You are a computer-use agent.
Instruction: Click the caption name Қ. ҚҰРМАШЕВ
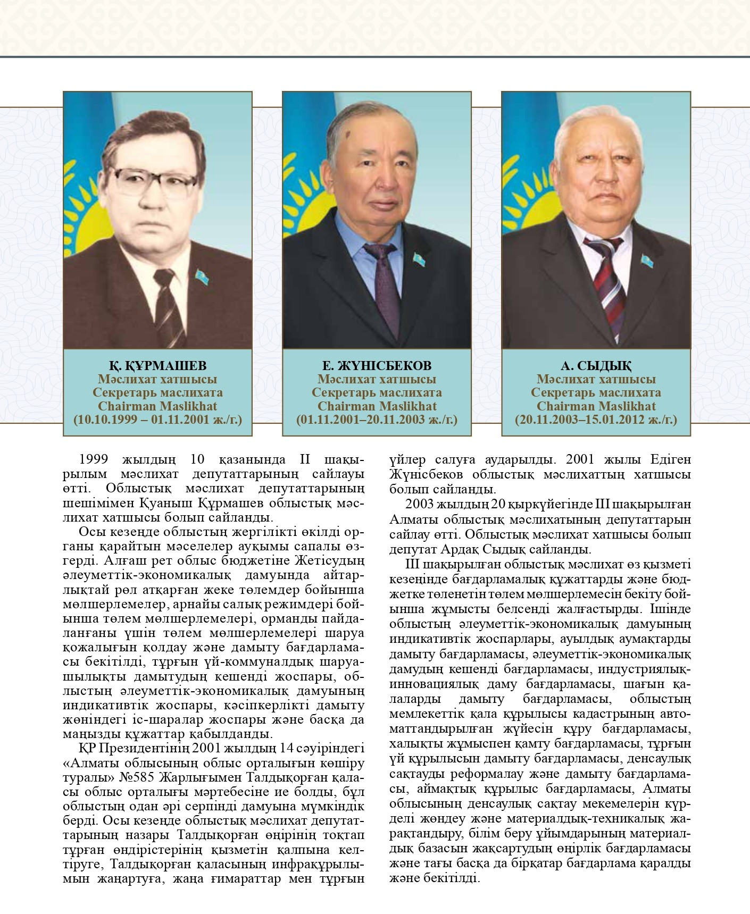tap(157, 366)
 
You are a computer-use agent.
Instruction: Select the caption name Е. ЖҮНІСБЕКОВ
tap(377, 366)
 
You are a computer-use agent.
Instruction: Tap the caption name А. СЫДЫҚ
tap(596, 366)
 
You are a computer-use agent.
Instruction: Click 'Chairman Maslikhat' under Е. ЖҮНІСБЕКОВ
tap(377, 406)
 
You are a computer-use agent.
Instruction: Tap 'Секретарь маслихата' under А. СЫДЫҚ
tap(596, 393)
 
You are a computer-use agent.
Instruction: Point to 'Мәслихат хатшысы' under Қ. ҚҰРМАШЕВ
tap(157, 380)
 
